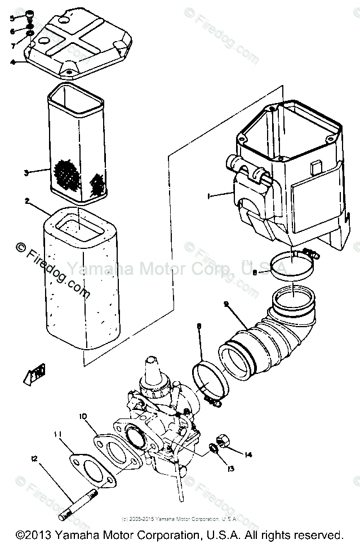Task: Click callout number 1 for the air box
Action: (208, 195)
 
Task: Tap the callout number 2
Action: (26, 200)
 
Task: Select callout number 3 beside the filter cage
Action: (26, 173)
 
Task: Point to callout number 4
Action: (12, 61)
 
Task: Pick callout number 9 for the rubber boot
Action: (226, 305)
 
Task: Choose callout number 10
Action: (83, 417)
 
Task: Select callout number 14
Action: (249, 454)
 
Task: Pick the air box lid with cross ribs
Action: (79, 42)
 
